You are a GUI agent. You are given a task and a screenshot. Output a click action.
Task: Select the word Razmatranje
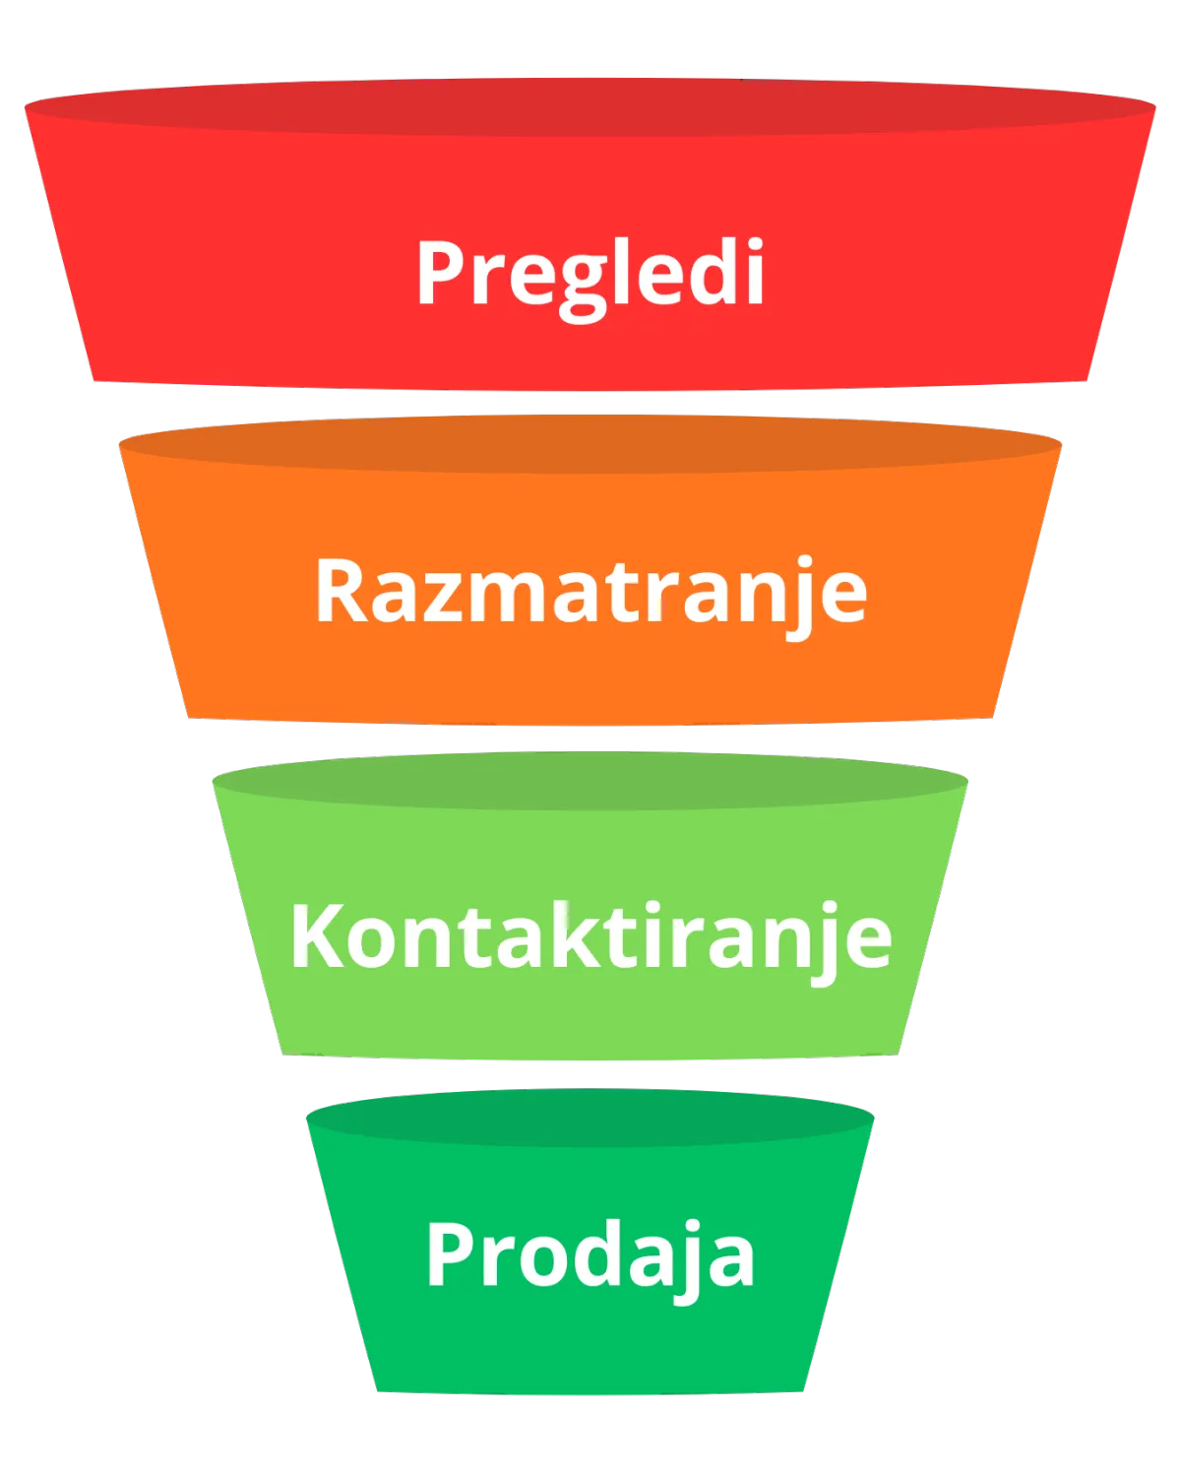point(590,592)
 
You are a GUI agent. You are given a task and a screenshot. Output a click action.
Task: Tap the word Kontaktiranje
point(590,935)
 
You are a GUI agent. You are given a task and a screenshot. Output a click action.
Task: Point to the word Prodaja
point(590,1254)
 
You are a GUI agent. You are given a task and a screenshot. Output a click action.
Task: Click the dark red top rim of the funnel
point(590,103)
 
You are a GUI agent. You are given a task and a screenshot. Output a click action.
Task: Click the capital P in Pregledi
point(440,272)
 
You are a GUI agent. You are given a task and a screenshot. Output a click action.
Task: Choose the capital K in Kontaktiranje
point(316,935)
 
